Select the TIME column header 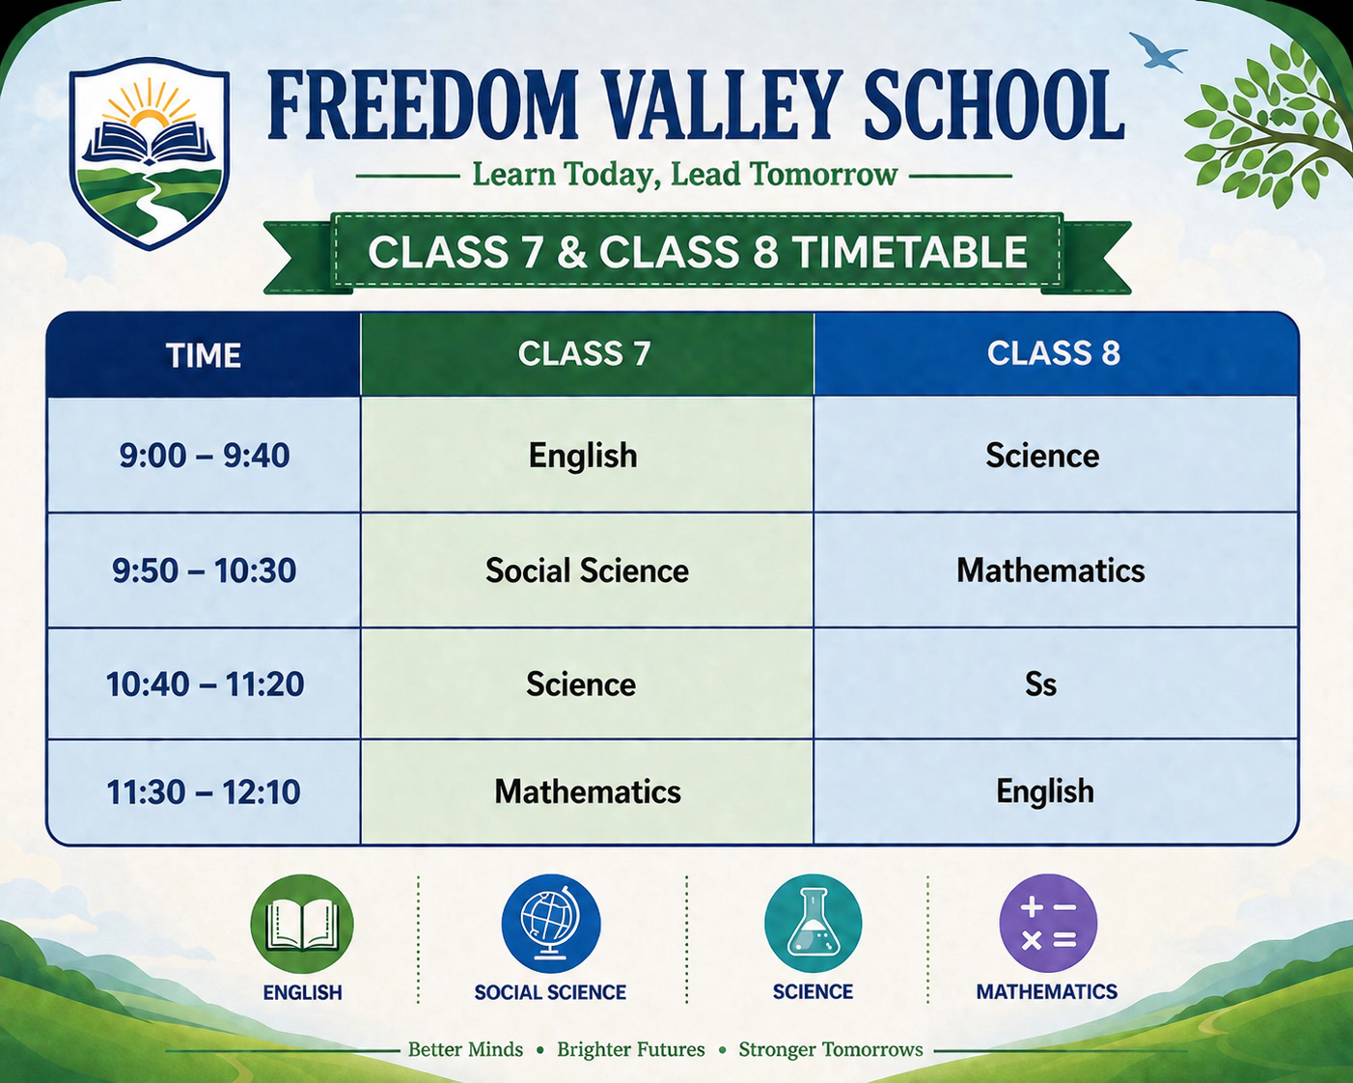click(x=203, y=355)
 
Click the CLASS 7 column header click(x=584, y=353)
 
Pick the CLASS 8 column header click(x=1054, y=353)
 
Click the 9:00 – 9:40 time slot click(x=205, y=456)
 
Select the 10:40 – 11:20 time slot click(x=205, y=684)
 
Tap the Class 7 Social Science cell click(x=587, y=570)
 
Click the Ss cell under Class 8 click(x=1040, y=684)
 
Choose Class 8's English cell click(x=1045, y=791)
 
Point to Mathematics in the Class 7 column click(x=587, y=791)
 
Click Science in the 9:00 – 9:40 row click(x=1042, y=456)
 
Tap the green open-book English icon click(x=302, y=924)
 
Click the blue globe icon click(x=551, y=924)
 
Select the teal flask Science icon click(x=813, y=924)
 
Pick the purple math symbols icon click(x=1048, y=924)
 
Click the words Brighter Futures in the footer click(x=630, y=1049)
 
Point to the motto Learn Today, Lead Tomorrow click(x=684, y=174)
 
